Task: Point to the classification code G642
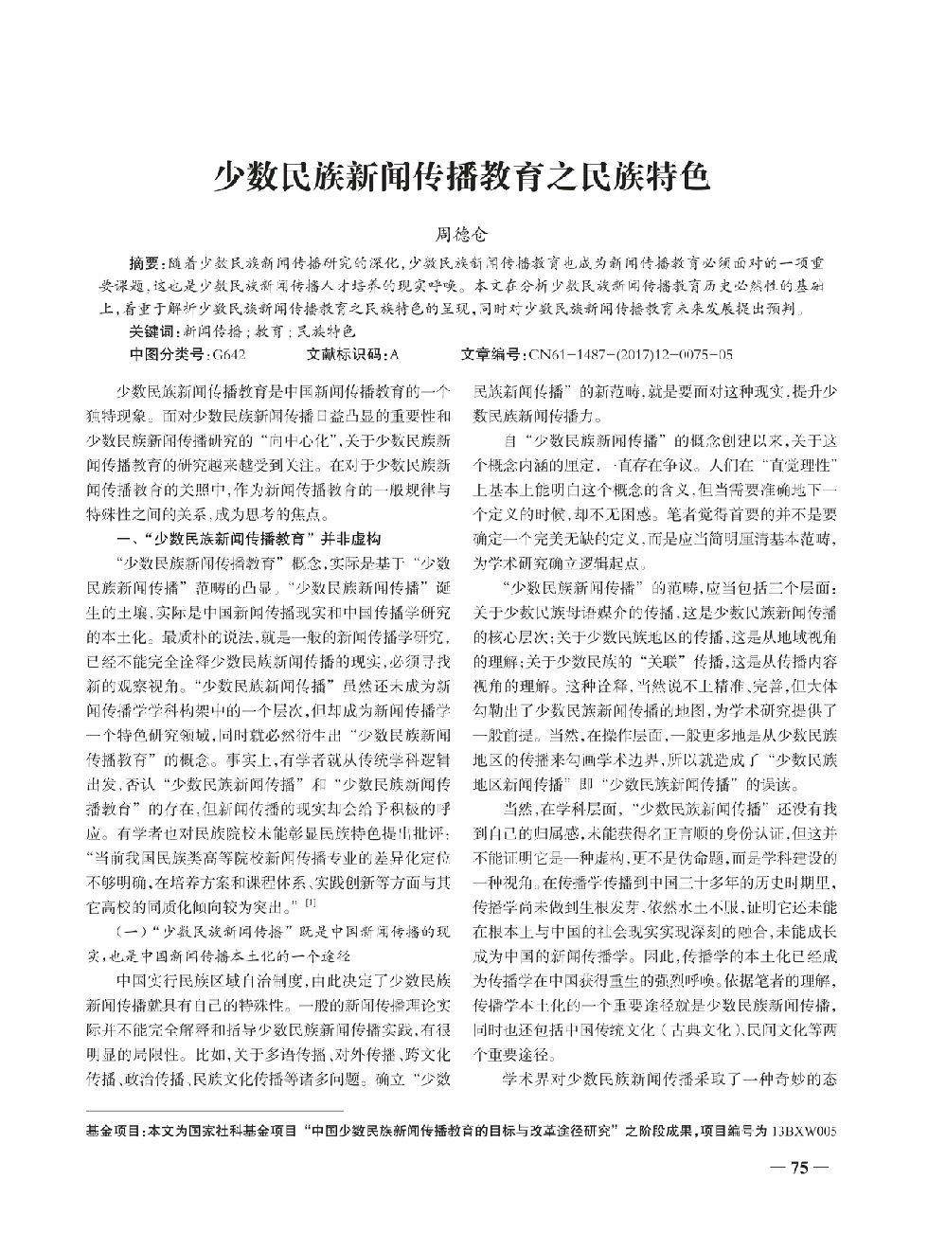pos(229,355)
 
